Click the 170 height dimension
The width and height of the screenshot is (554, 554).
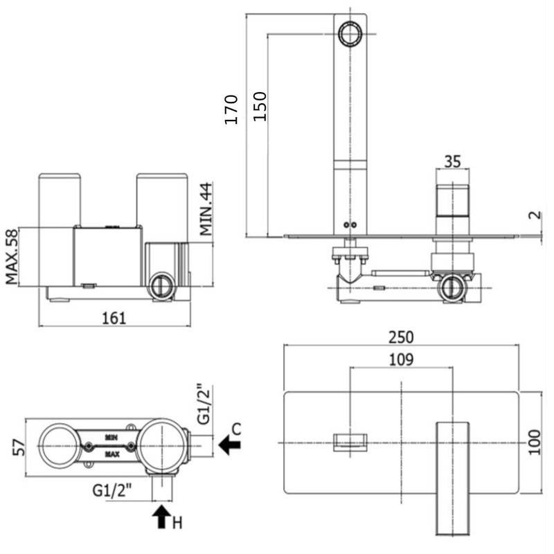point(232,109)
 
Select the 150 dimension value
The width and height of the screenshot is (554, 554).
point(260,106)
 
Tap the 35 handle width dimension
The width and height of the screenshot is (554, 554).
point(452,161)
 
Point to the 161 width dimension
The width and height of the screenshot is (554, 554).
point(114,318)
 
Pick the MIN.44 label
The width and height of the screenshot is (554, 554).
point(206,209)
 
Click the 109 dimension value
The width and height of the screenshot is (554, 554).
point(401,359)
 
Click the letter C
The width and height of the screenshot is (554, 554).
point(238,429)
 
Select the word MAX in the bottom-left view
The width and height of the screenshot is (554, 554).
point(111,454)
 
